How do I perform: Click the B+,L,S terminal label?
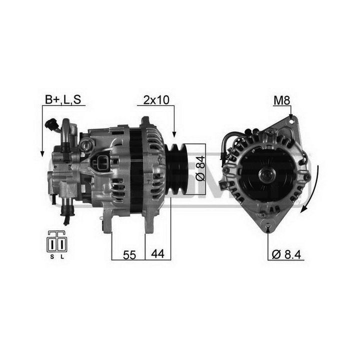(x=63, y=100)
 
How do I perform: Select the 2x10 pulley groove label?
(x=156, y=100)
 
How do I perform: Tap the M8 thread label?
(x=282, y=100)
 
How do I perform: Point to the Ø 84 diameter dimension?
(x=199, y=168)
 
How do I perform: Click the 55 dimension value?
(x=129, y=255)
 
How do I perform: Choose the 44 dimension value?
(x=157, y=254)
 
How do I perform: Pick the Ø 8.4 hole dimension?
(x=286, y=254)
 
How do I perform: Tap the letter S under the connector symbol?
(x=52, y=256)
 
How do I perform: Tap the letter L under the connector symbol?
(x=62, y=256)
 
